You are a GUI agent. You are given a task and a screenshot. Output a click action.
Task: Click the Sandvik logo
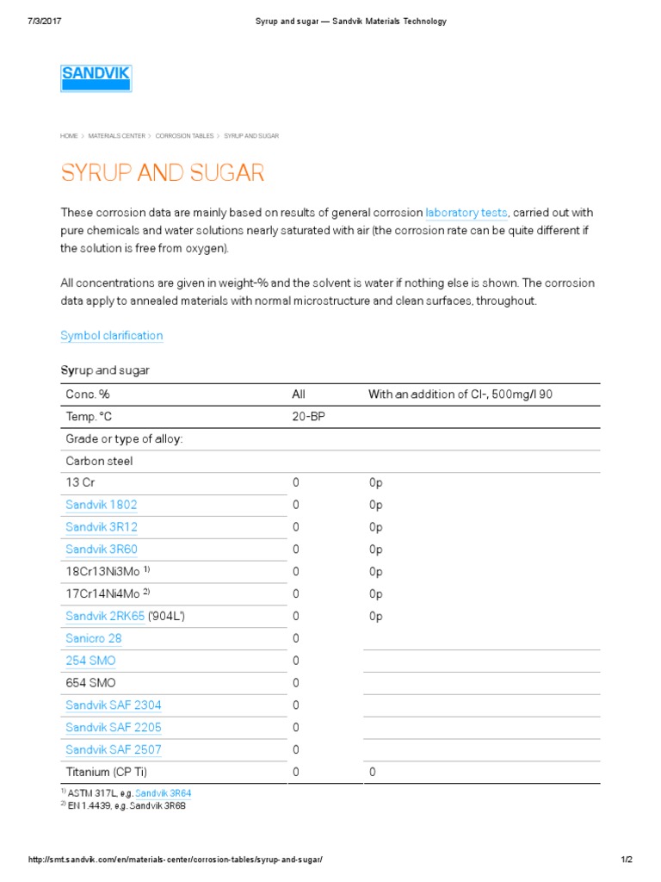point(96,78)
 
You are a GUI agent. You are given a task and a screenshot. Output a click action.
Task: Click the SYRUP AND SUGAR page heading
point(162,173)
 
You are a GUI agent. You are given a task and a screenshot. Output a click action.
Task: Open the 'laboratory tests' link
point(467,213)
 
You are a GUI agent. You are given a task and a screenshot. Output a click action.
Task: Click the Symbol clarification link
point(111,335)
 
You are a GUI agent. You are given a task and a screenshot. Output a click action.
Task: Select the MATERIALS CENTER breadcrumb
point(116,136)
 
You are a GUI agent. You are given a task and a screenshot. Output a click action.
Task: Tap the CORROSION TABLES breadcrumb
point(184,136)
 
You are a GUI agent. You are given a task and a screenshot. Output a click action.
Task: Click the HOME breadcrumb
point(69,136)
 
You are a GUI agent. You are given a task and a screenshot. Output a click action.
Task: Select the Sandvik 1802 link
point(101,505)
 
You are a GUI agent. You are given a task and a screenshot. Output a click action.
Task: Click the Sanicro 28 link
point(93,638)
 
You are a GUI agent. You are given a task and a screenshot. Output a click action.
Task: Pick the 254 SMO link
point(90,661)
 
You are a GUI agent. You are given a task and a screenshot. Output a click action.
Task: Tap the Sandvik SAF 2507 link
point(113,749)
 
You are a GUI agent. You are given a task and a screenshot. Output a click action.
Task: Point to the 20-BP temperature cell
point(308,417)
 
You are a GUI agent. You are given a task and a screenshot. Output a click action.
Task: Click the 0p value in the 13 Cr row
point(375,482)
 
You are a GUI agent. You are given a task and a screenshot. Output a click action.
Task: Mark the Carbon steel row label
point(99,461)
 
